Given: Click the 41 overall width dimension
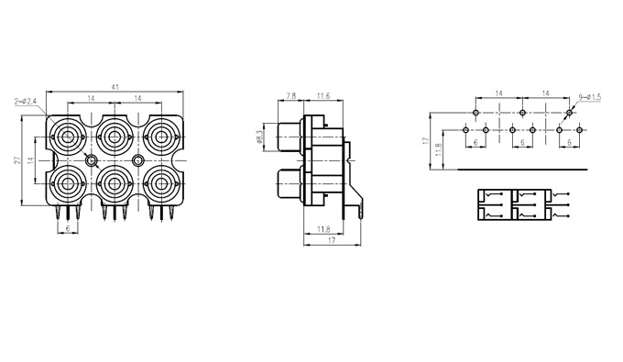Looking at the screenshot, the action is (115, 87).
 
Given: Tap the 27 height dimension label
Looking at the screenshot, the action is (17, 160).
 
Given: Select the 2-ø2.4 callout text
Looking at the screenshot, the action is (26, 102).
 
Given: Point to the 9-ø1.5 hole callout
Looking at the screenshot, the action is (590, 97).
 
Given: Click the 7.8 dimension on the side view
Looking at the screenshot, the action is (291, 95).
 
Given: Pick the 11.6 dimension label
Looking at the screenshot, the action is (323, 95).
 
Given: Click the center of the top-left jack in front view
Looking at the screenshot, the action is (68, 137).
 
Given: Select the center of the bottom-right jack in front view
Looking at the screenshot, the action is (161, 183).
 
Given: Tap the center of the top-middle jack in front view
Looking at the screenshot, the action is (115, 137).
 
